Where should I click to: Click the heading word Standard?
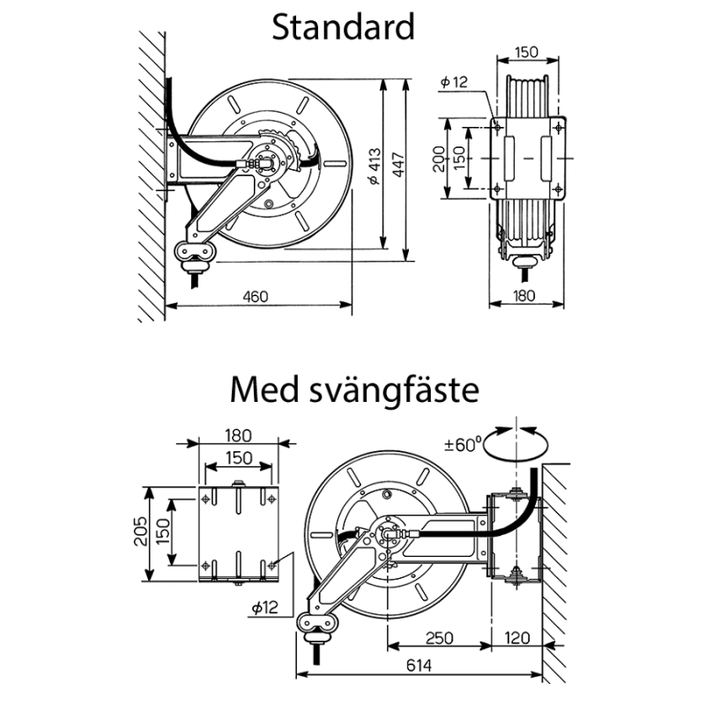coord(343,27)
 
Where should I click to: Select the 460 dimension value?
coord(255,296)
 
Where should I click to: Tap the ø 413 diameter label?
coord(374,164)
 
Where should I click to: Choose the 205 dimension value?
coord(139,532)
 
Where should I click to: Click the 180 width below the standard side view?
coord(525,296)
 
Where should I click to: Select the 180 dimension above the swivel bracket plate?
coord(238,434)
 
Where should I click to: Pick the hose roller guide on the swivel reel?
coord(318,622)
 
